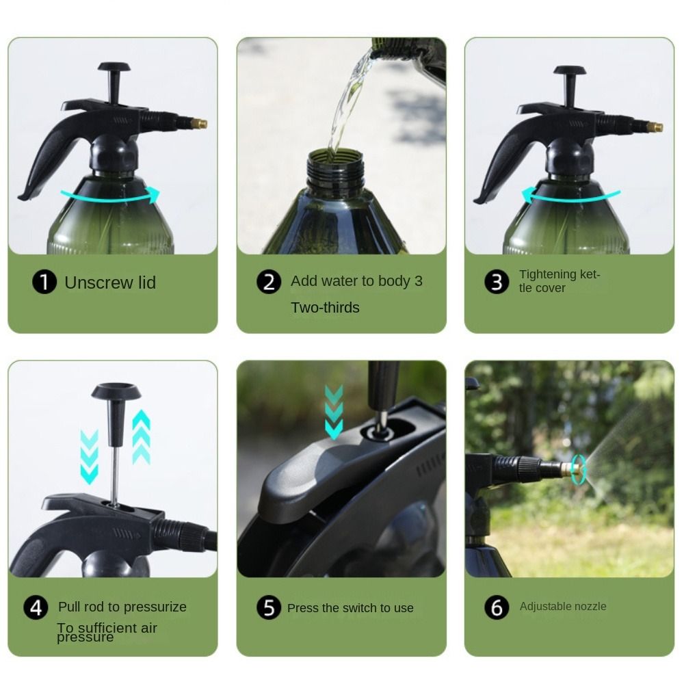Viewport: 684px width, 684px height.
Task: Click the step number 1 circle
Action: click(x=44, y=282)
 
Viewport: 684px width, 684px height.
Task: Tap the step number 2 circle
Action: click(x=269, y=282)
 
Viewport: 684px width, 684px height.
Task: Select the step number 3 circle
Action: click(x=497, y=282)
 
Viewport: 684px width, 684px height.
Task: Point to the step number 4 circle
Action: click(x=36, y=607)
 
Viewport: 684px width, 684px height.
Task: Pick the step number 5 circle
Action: click(x=269, y=607)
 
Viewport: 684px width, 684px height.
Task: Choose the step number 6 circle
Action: click(x=497, y=607)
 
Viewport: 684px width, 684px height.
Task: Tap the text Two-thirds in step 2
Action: click(x=325, y=308)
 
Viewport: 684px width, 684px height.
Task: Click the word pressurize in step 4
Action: click(x=155, y=607)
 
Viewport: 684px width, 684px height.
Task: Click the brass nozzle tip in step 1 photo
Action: click(x=201, y=124)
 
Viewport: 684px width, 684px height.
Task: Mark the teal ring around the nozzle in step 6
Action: click(x=579, y=469)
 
